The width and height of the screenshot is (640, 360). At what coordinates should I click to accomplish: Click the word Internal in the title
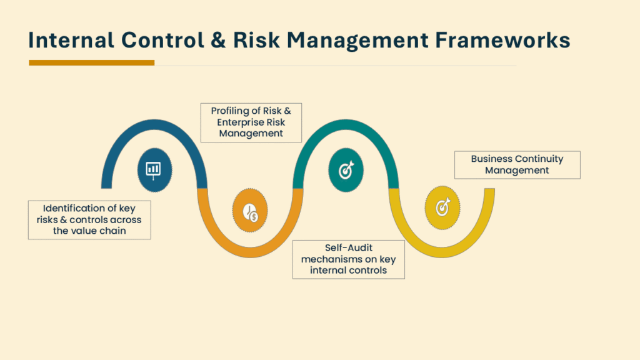pos(71,40)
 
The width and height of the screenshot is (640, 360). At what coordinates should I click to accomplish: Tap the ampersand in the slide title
pos(218,40)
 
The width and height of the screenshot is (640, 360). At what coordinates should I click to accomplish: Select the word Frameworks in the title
pos(502,40)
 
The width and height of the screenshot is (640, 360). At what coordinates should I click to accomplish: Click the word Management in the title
pos(357,41)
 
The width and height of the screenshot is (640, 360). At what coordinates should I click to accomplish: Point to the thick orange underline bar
pos(91,62)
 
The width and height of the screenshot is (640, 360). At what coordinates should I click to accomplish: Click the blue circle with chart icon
pos(154,170)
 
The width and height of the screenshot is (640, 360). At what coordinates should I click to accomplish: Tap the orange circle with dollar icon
pos(250,210)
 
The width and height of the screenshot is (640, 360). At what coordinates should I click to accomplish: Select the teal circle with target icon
pos(346,170)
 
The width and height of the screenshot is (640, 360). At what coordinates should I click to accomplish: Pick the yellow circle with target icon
pos(442,207)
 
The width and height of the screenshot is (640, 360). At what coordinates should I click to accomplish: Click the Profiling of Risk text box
pos(251,122)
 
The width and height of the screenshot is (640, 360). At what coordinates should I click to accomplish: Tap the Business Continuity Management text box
pos(517,165)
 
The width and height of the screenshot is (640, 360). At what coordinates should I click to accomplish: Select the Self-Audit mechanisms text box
pos(349,259)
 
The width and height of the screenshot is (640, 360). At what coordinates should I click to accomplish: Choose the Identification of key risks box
pos(89,219)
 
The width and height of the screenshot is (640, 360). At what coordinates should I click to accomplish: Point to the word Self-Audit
pos(349,247)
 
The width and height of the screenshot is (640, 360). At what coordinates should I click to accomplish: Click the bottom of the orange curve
pos(250,252)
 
